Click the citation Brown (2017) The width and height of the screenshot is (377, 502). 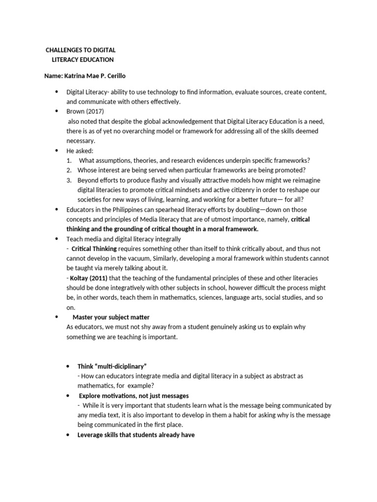84,111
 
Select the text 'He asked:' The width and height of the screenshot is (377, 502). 80,151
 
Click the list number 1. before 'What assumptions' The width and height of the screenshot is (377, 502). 70,160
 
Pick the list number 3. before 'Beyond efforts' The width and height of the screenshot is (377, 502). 70,180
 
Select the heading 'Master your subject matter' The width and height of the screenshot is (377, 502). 111,317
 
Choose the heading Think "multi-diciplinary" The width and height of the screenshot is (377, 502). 112,366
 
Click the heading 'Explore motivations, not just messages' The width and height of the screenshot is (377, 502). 134,396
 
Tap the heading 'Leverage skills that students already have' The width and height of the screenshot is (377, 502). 136,435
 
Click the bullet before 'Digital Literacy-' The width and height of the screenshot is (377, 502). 55,92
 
